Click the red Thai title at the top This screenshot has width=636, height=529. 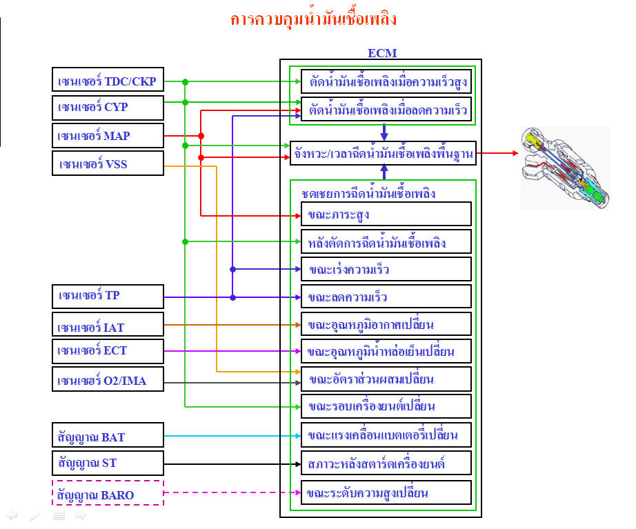click(x=314, y=19)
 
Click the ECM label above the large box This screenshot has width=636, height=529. click(x=382, y=53)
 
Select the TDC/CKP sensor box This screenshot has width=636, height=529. click(x=108, y=81)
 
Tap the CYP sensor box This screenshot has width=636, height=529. click(x=108, y=108)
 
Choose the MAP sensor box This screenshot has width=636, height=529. click(x=108, y=136)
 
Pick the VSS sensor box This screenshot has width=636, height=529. click(x=108, y=163)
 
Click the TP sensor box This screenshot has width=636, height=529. click(x=108, y=296)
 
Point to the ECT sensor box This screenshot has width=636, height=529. click(x=108, y=350)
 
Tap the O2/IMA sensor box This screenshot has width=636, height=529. click(x=108, y=379)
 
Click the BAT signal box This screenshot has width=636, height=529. click(x=108, y=436)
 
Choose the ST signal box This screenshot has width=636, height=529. click(x=108, y=462)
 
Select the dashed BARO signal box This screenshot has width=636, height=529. click(x=108, y=493)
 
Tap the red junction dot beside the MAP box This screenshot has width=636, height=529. click(x=201, y=136)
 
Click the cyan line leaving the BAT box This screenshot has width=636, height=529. click(x=228, y=436)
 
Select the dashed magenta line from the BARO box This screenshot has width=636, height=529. click(x=228, y=492)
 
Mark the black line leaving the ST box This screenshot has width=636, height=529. click(x=228, y=463)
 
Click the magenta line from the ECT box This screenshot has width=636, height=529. click(x=228, y=351)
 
